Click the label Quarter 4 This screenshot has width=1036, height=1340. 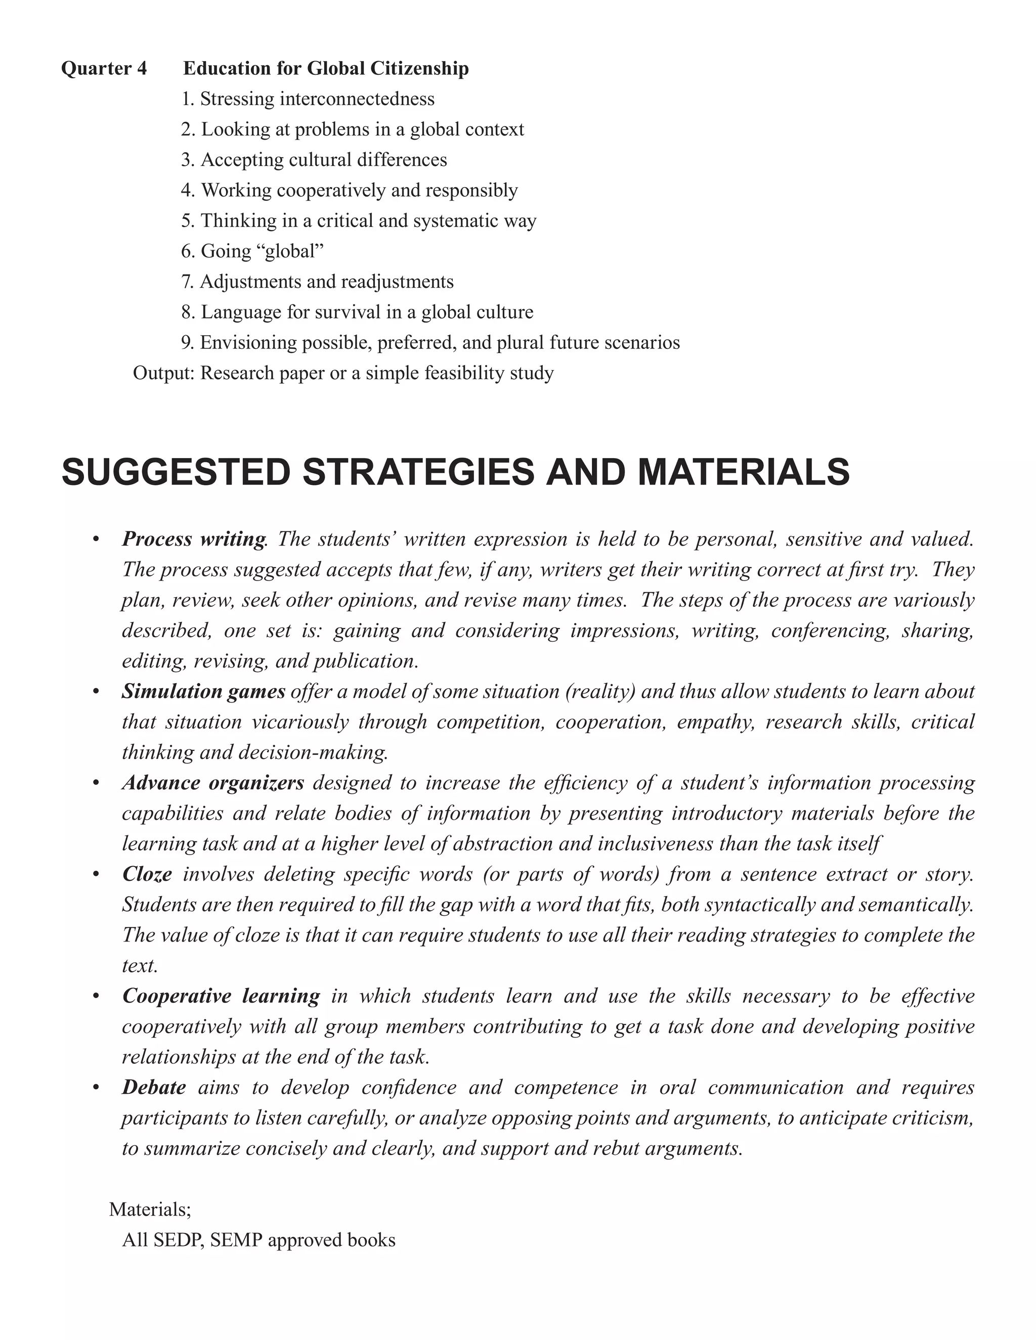tap(104, 68)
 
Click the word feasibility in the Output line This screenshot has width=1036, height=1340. tap(451, 373)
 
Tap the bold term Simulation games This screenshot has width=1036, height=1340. tap(203, 691)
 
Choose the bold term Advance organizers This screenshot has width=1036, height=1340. tap(212, 783)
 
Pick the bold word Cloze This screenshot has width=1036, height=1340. tap(147, 874)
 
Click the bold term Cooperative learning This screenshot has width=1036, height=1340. tap(221, 996)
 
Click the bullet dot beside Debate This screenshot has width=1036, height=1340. tap(96, 1088)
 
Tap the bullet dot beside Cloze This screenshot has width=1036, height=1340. tap(96, 874)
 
